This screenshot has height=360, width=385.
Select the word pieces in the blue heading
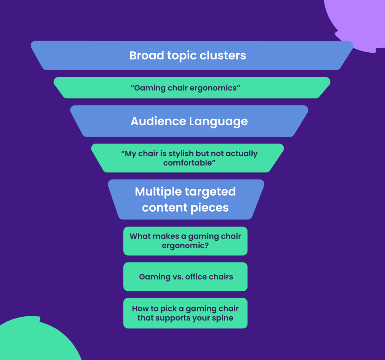coord(211,207)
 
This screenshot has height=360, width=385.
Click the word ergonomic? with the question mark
coord(185,245)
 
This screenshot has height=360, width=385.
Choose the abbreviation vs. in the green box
coord(178,277)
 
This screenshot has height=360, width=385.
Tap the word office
coord(197,277)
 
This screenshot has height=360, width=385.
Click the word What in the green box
coord(139,236)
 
